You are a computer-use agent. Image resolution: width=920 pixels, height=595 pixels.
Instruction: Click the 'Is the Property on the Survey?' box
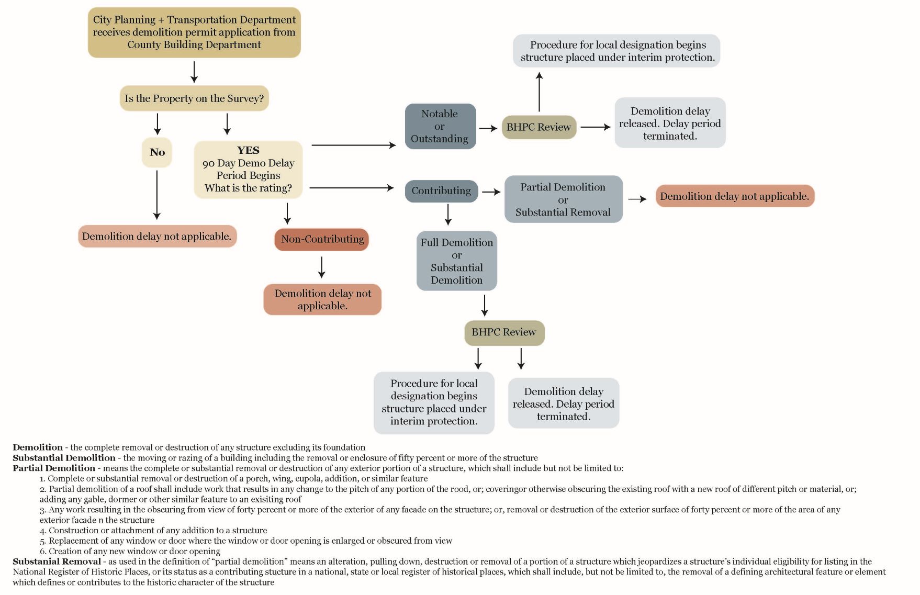point(194,98)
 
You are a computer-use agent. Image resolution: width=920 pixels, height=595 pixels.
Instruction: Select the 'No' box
point(157,152)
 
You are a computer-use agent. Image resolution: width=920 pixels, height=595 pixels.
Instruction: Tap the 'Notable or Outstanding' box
point(440,126)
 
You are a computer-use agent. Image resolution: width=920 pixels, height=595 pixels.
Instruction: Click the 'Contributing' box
point(441,191)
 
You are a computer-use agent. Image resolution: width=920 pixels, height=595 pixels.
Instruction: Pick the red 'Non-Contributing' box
point(322,240)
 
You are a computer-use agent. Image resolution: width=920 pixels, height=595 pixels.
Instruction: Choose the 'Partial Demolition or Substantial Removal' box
point(563,199)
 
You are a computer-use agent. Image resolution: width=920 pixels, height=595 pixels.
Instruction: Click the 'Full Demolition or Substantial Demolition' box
point(457,261)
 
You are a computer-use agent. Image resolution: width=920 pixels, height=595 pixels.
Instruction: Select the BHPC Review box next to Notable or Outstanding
point(538,127)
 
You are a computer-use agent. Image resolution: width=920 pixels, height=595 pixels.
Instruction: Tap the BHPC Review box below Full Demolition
point(504,332)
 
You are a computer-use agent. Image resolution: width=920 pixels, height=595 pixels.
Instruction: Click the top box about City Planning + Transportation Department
point(194,32)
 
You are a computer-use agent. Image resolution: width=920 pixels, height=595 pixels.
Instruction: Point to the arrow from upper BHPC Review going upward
point(539,92)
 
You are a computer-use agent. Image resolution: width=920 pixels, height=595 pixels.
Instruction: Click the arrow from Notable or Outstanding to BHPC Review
point(488,128)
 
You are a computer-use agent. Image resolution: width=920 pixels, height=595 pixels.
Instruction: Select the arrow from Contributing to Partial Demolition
point(491,192)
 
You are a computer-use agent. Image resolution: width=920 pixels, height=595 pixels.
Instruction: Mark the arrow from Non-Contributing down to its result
point(322,267)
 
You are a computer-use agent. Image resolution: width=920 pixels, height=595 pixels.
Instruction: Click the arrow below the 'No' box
point(157,195)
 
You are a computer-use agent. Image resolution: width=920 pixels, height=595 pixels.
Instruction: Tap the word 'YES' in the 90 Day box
point(248,150)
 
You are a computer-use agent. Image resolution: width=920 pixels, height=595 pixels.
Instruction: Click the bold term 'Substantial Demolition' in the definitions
point(64,458)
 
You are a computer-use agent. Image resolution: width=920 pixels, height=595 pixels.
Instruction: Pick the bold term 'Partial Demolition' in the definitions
point(54,468)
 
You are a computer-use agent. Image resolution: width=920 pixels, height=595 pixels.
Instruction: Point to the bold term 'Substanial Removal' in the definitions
point(57,562)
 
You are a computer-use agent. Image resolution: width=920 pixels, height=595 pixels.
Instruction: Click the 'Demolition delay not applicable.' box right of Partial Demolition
point(735,196)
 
